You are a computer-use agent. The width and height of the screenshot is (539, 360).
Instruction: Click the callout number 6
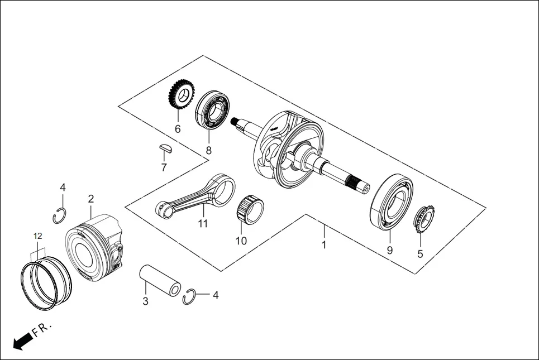pyautogui.click(x=178, y=129)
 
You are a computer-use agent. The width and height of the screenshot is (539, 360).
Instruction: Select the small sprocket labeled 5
pyautogui.click(x=423, y=219)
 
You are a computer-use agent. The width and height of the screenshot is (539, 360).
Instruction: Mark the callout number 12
pyautogui.click(x=37, y=237)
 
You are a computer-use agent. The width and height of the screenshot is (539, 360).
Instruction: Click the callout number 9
pyautogui.click(x=389, y=250)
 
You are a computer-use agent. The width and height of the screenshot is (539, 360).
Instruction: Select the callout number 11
pyautogui.click(x=202, y=224)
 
